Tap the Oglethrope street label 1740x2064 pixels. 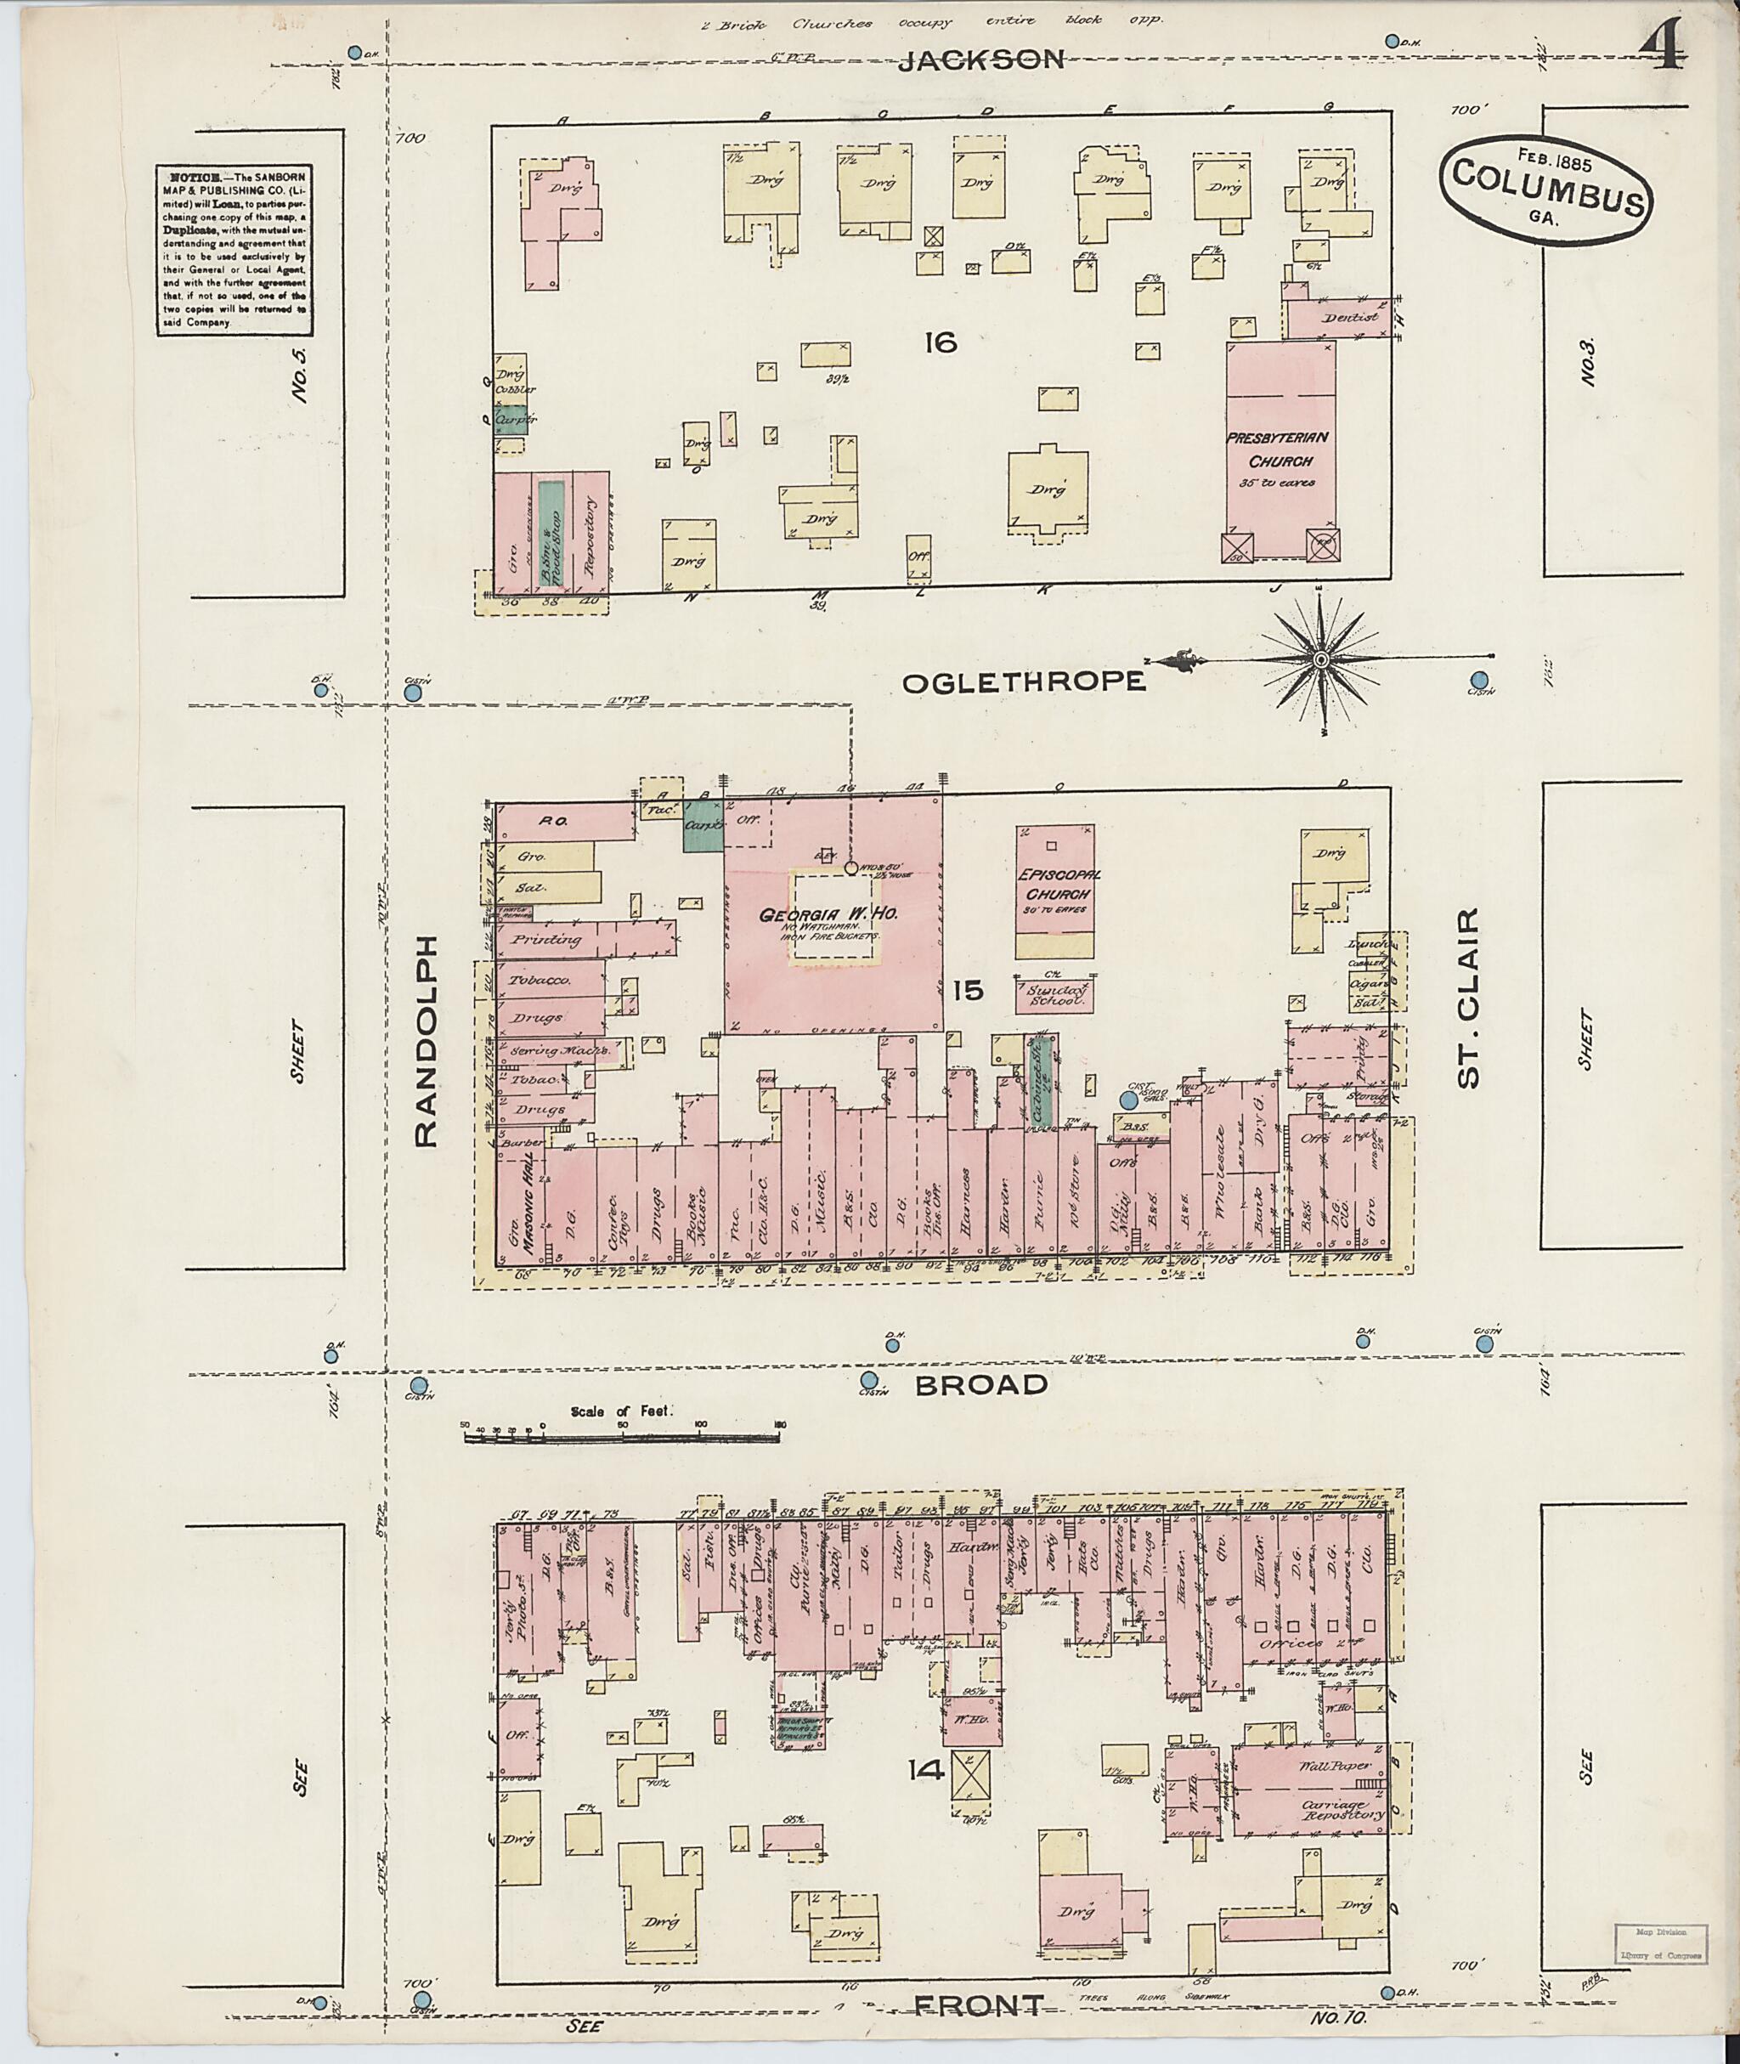pos(1024,681)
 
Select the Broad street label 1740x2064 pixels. pos(980,1384)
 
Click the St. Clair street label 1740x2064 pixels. pos(1469,998)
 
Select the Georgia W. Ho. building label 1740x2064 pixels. pos(827,915)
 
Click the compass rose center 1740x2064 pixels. pos(1321,659)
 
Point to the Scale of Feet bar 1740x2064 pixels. pos(621,1439)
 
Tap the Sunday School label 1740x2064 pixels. pos(1054,996)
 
